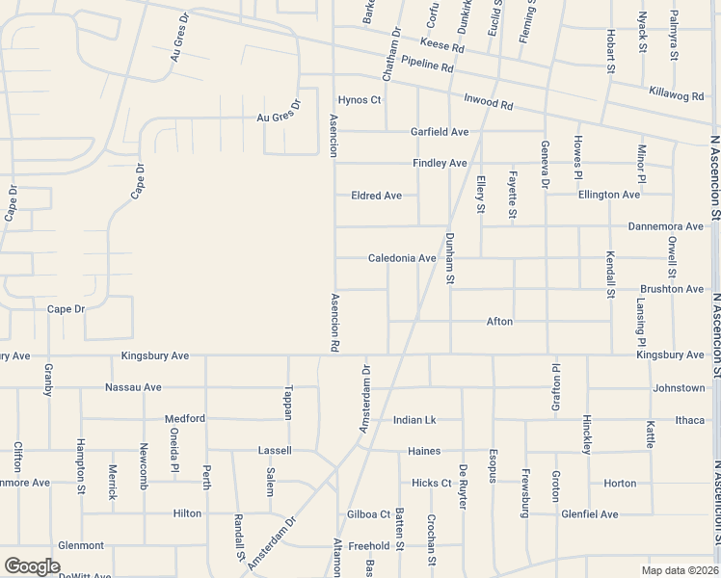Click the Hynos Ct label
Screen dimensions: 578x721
[360, 100]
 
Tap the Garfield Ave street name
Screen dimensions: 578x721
[440, 132]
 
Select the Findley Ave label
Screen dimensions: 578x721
[440, 164]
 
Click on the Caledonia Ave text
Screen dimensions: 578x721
[402, 258]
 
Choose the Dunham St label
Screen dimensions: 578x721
[450, 258]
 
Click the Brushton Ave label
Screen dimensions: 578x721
[672, 289]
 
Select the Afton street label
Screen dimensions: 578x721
[499, 321]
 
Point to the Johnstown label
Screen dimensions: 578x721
[679, 388]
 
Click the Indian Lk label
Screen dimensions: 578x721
[414, 420]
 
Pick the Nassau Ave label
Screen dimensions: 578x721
[133, 387]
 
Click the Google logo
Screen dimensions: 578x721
[32, 566]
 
